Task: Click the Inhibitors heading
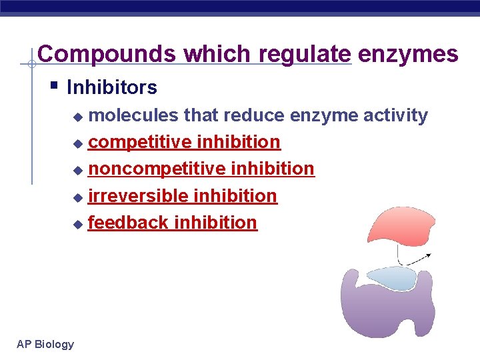pyautogui.click(x=112, y=87)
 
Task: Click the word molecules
pyautogui.click(x=133, y=115)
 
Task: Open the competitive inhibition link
pyautogui.click(x=184, y=142)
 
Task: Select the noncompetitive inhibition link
pyautogui.click(x=201, y=169)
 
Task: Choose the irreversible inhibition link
pyautogui.click(x=182, y=195)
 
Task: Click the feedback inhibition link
pyautogui.click(x=172, y=222)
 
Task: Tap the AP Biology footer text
pyautogui.click(x=45, y=344)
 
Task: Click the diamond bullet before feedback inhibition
pyautogui.click(x=78, y=223)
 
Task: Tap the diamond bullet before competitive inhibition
pyautogui.click(x=78, y=143)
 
